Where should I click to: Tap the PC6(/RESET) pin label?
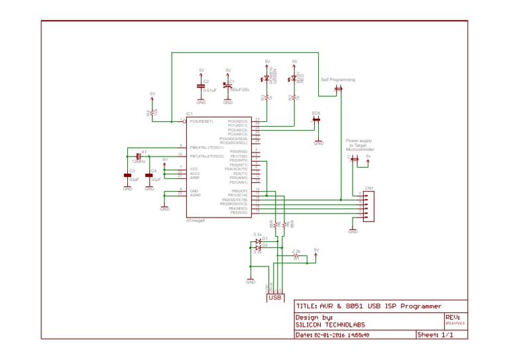201,121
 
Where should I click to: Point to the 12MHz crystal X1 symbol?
140,156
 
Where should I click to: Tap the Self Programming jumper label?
338,80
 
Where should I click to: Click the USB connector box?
276,298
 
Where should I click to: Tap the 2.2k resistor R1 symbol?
296,257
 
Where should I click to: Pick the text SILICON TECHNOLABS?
329,326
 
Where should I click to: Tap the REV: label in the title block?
453,318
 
